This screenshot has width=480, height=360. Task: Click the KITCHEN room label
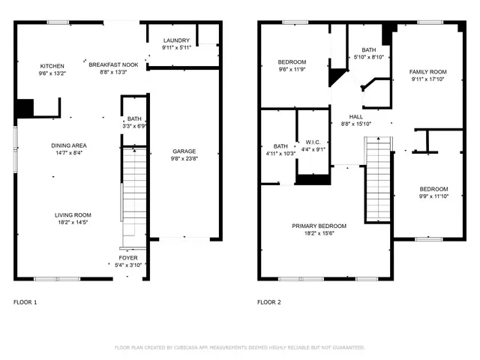52,66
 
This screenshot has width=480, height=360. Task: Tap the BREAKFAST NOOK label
113,65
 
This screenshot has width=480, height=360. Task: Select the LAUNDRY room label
176,40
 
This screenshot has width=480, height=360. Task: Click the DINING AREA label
68,145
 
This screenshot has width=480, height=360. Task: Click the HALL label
356,117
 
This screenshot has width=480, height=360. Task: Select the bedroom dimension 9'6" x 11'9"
292,70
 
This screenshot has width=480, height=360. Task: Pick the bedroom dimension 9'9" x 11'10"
433,196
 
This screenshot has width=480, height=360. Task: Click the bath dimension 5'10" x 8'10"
368,57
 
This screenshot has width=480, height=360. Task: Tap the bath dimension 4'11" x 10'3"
280,154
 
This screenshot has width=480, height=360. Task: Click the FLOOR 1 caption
25,302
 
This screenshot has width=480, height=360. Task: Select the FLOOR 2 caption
269,302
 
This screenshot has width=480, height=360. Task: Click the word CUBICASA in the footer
187,348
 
